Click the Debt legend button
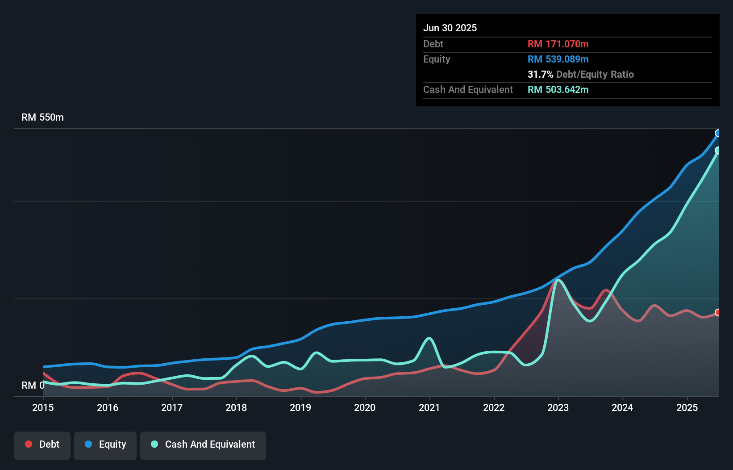(42, 445)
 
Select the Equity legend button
(105, 445)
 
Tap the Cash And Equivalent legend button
(203, 445)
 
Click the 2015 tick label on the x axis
(43, 407)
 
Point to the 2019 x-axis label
(300, 407)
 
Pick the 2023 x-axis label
(558, 407)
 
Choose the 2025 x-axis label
(687, 407)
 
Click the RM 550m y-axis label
(42, 117)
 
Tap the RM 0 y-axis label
(33, 385)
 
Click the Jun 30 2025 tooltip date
(450, 28)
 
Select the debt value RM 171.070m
(558, 44)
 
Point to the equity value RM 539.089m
(558, 59)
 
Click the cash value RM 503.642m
(558, 89)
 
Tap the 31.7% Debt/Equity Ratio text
(580, 74)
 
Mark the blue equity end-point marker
(718, 133)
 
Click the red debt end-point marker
(718, 312)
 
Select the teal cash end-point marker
(718, 150)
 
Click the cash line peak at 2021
(429, 338)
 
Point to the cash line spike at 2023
(558, 280)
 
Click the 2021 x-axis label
(429, 407)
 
